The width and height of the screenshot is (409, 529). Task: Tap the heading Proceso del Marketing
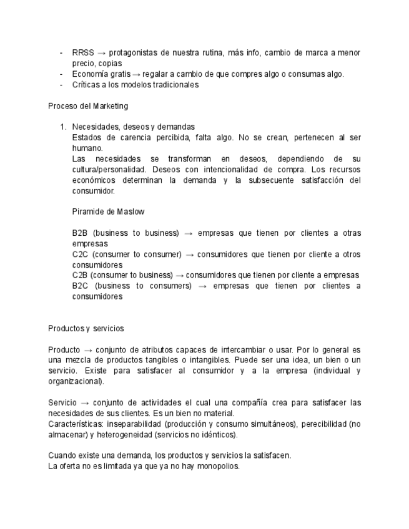[x=88, y=106]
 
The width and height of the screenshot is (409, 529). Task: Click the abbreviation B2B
[x=80, y=233]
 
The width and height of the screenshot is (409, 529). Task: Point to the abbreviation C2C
[x=80, y=255]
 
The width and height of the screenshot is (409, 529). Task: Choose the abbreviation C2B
[x=80, y=275]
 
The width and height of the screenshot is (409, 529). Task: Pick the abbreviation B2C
[x=80, y=286]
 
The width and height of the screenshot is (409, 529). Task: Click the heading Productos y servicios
[x=86, y=328]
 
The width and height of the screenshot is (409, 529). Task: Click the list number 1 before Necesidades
[x=62, y=127]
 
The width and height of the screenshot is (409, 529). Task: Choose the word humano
[x=87, y=148]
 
